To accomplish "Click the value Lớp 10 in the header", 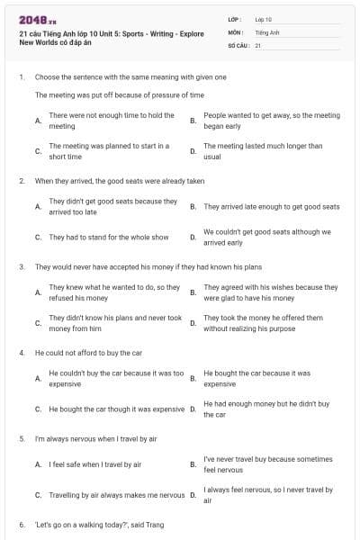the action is [263, 19].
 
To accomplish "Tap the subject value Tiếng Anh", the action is [265, 31].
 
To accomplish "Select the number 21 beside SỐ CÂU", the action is [258, 44].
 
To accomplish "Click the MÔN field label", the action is [235, 31].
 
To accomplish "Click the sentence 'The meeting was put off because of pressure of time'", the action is [120, 94].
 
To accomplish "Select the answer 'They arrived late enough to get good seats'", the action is [272, 206].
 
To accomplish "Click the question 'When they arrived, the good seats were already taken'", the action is [120, 181].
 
